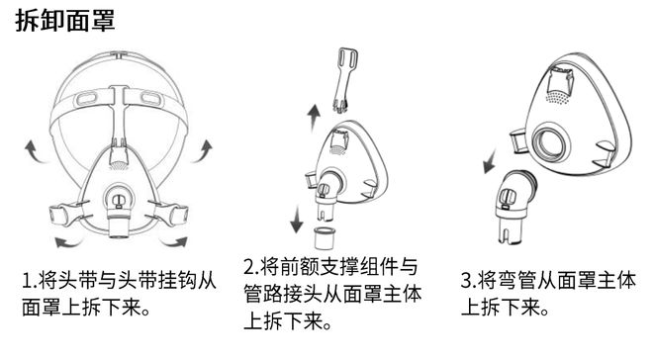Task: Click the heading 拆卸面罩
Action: [x=65, y=23]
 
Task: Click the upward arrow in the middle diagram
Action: [x=315, y=119]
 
